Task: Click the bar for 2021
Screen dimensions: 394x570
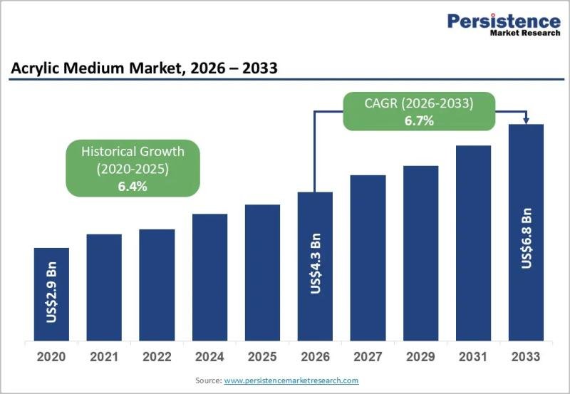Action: pos(104,287)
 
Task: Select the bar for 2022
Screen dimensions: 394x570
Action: pos(157,285)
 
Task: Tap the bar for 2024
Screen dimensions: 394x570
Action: pos(209,277)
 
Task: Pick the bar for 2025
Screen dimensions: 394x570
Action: pos(262,272)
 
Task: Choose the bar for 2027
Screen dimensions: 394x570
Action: pos(368,257)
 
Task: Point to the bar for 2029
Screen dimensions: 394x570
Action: pos(420,253)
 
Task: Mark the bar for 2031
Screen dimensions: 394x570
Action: pos(473,243)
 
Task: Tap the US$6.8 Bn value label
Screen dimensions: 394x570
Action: pos(527,238)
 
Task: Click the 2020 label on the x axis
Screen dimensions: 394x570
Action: pos(51,356)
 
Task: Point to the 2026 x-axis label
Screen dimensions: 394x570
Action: pos(315,356)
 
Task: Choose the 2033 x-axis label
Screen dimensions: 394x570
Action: pos(526,356)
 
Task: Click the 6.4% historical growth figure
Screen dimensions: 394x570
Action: pos(133,186)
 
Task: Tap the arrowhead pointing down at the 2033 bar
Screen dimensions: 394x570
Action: pos(527,119)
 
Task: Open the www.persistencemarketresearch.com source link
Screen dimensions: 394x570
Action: pos(291,381)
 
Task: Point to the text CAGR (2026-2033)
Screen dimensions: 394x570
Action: pos(419,104)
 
